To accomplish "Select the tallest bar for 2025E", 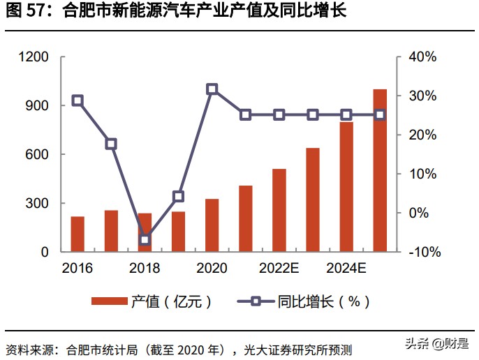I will click(380, 170).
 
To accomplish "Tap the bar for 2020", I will click(212, 225).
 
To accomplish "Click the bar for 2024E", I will click(346, 186).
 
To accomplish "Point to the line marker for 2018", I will click(145, 240).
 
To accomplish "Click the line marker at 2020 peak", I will click(212, 89).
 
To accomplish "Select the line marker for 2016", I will click(78, 100).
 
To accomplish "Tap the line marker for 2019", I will click(178, 197).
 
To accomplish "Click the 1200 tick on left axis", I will click(34, 57).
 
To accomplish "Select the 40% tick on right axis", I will click(422, 57).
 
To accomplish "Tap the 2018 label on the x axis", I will click(145, 269).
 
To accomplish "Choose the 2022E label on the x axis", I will click(279, 269).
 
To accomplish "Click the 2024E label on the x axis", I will click(346, 269).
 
